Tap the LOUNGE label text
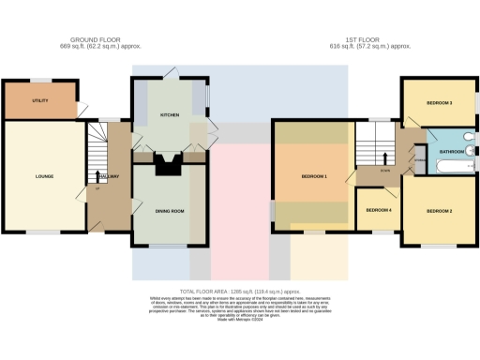(x=44, y=176)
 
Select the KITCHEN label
(x=170, y=115)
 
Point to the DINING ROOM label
(x=170, y=211)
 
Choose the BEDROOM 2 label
(x=440, y=211)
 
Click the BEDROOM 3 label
(x=440, y=101)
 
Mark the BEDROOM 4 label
(x=379, y=210)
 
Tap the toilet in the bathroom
(x=469, y=148)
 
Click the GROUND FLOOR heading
(x=91, y=39)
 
